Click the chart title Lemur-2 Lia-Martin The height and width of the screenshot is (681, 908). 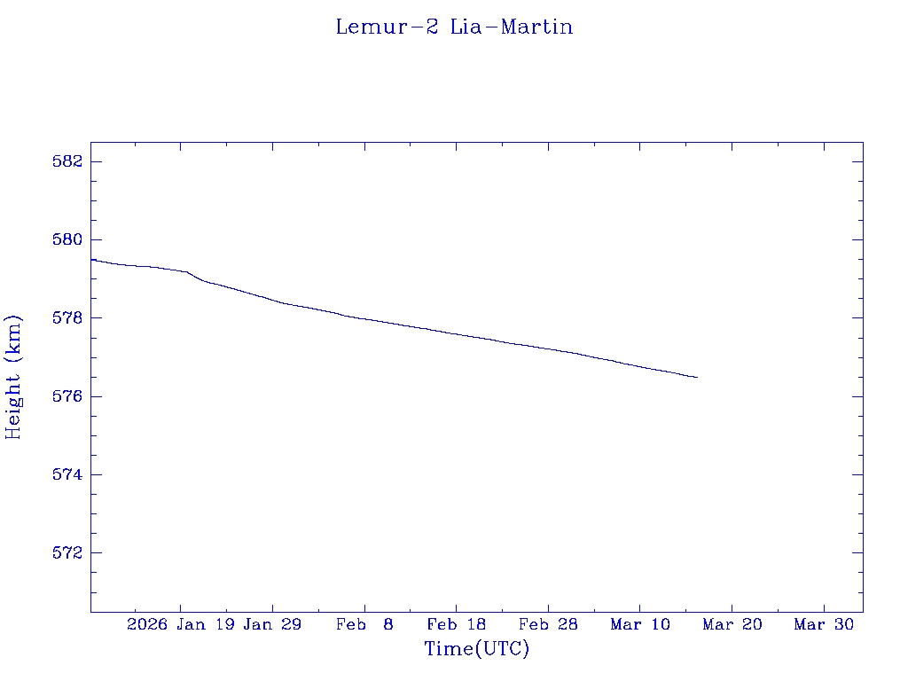[454, 27]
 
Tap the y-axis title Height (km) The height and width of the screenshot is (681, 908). [13, 377]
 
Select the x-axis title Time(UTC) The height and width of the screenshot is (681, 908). [476, 649]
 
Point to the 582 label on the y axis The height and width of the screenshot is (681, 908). [67, 161]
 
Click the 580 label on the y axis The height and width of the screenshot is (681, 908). [67, 239]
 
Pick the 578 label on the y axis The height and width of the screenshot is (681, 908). [67, 317]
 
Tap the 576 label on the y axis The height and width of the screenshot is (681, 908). [67, 396]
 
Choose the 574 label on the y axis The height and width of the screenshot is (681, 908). [67, 474]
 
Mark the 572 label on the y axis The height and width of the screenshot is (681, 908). [67, 552]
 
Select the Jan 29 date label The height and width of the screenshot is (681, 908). [272, 624]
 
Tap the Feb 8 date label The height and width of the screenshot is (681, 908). [364, 624]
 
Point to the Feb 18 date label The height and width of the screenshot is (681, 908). [456, 624]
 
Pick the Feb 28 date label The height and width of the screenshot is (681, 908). [548, 624]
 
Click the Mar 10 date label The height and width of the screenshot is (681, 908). [640, 624]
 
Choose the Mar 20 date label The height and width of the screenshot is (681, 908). [732, 624]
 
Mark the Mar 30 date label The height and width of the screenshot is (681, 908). [824, 624]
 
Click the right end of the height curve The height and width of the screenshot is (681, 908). [697, 377]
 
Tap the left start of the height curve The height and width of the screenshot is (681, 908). [92, 260]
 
